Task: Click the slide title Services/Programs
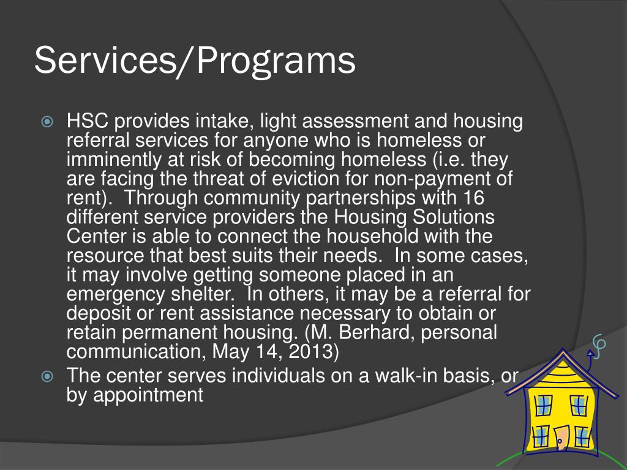195,61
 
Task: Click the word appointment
147,395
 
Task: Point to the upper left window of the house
544,405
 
